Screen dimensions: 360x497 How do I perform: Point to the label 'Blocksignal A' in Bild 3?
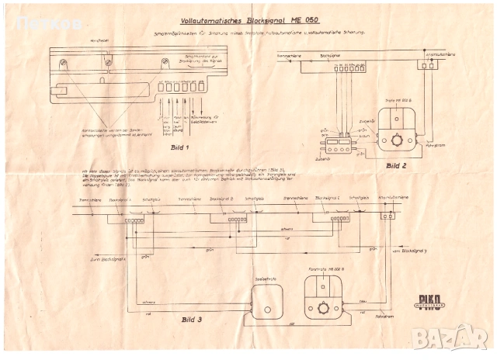[119, 200]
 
